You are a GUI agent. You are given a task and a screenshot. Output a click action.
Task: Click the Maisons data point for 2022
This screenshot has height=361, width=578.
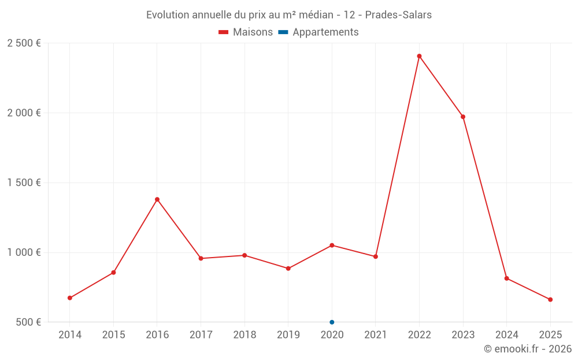click(419, 56)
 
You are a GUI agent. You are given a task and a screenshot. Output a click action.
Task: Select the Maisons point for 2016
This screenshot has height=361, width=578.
click(157, 199)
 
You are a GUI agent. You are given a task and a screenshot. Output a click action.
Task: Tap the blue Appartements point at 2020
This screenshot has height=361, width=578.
click(332, 322)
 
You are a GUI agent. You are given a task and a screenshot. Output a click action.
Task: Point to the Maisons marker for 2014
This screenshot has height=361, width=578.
click(70, 298)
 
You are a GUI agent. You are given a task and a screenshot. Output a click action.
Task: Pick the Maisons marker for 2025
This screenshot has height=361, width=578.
click(550, 300)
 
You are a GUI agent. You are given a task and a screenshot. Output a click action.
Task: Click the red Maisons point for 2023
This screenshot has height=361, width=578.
click(463, 117)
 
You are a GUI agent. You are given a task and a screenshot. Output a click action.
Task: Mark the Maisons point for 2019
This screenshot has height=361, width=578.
click(288, 269)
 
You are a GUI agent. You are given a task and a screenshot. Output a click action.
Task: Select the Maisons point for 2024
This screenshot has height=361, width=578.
click(506, 278)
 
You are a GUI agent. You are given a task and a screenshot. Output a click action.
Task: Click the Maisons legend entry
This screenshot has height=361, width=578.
click(246, 32)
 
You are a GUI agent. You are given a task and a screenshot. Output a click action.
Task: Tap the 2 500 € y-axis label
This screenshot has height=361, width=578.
click(24, 43)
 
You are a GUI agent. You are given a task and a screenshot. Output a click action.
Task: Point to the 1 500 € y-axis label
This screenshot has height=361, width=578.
click(24, 183)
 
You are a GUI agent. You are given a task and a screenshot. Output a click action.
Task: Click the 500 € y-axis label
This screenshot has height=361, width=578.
click(28, 322)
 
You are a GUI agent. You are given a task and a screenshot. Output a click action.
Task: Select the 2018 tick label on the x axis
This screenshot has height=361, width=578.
click(244, 335)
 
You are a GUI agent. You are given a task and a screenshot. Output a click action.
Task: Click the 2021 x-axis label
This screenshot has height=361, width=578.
click(376, 335)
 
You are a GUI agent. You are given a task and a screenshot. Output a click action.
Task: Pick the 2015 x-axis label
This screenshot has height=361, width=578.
click(113, 335)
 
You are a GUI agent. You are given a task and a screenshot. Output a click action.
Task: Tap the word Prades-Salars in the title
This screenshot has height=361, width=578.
click(398, 15)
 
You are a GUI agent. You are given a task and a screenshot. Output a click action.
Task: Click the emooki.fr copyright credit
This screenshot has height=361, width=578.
click(528, 349)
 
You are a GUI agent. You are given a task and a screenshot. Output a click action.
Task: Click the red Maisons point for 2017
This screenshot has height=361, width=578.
click(201, 258)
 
